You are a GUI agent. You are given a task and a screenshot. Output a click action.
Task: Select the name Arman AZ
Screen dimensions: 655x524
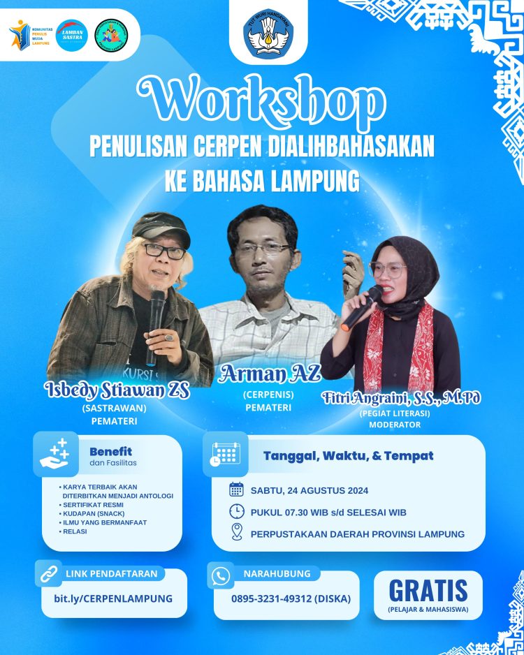[270, 374]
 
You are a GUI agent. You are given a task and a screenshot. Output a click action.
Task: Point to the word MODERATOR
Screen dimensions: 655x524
[395, 425]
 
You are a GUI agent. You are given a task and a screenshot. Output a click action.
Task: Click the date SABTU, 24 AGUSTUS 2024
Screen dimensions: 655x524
[310, 490]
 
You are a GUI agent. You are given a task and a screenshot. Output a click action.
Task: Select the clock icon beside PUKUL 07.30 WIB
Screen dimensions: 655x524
[236, 511]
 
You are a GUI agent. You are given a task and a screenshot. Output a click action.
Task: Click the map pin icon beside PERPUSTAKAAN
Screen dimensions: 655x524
[236, 533]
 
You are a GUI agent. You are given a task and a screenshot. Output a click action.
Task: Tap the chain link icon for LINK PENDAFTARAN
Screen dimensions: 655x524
[49, 574]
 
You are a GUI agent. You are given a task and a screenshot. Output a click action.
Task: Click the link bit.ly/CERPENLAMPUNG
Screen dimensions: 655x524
[112, 598]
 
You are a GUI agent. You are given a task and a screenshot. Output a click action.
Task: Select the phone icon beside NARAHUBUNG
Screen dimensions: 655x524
[221, 575]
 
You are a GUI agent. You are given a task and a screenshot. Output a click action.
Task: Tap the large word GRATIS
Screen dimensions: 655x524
[428, 591]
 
